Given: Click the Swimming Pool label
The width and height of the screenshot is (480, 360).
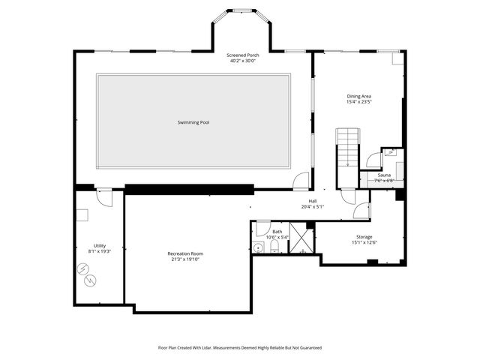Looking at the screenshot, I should pos(193,122).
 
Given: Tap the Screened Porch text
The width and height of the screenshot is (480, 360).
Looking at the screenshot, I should pos(242,55).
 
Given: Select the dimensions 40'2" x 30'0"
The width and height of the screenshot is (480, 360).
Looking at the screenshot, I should pos(242,61).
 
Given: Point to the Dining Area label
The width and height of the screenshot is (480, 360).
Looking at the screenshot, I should pos(359,96).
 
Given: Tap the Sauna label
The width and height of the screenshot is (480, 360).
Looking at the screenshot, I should pos(384,175).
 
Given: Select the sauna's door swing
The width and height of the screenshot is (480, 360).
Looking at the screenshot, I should pos(373,160).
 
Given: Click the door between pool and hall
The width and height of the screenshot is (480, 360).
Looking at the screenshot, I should pos(301,181).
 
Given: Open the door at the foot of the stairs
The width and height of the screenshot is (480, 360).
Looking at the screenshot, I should pos(348,196).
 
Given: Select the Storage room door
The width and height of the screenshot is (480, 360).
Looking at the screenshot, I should pos(361,211).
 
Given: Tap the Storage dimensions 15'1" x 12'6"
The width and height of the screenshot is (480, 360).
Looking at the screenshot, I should pos(364,242).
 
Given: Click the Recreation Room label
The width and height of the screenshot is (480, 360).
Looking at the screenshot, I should pos(184,253).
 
